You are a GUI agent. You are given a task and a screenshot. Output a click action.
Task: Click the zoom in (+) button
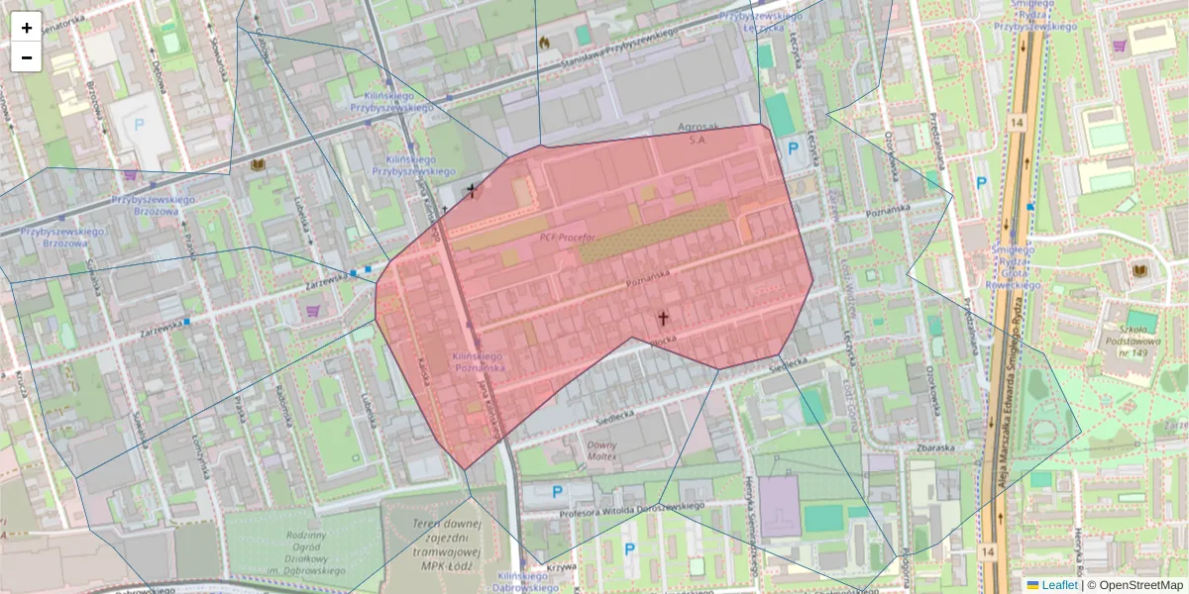[x=27, y=28]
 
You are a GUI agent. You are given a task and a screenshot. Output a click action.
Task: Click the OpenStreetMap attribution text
[x=1139, y=585]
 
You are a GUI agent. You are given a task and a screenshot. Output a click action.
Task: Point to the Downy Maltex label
[x=602, y=450]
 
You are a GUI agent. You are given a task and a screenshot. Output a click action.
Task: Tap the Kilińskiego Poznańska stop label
[x=479, y=361]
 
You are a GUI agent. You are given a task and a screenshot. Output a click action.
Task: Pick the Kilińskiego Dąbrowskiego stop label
[x=523, y=581]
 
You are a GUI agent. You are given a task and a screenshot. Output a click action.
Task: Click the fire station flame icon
[x=543, y=42]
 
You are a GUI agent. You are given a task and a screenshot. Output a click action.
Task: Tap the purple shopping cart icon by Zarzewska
[x=313, y=311]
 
